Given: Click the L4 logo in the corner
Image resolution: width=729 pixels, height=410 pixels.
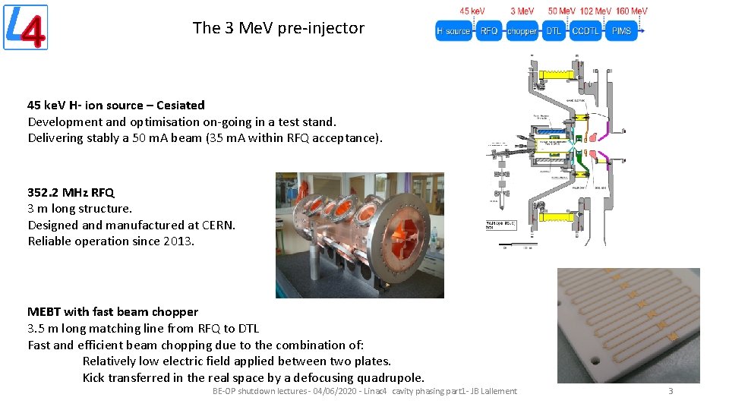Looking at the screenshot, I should click(x=26, y=27).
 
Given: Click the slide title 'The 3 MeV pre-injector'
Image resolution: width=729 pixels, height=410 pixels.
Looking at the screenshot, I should click(x=278, y=28).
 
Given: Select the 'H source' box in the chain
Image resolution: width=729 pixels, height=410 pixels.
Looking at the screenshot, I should click(x=453, y=31).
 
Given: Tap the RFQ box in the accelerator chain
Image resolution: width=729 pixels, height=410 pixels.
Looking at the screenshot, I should click(x=489, y=31).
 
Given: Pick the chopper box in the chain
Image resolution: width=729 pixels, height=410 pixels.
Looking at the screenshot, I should click(x=522, y=31).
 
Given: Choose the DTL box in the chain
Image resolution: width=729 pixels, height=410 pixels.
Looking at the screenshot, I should click(x=553, y=31).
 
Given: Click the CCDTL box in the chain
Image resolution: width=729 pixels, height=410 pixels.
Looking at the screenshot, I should click(x=585, y=31).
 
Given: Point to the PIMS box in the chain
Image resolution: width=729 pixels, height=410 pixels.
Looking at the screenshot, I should click(x=621, y=31).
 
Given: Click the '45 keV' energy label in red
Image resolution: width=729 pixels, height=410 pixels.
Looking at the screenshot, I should click(x=472, y=11).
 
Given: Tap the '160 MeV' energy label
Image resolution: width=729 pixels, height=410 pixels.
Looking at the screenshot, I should click(x=632, y=11).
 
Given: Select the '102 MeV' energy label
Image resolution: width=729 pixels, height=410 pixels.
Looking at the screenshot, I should click(x=596, y=11).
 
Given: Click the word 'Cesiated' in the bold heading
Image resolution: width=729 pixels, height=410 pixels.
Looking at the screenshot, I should click(x=180, y=106).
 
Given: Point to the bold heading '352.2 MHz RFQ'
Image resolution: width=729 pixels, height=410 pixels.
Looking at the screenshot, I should click(x=71, y=192).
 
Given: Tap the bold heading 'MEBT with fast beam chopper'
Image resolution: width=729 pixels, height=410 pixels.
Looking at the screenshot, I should click(x=112, y=312).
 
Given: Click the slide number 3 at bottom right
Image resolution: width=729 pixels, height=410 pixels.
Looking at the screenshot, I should click(x=671, y=391).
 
